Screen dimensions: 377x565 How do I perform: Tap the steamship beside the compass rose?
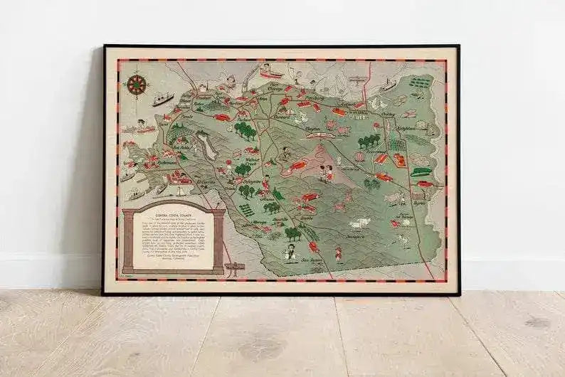(162, 100)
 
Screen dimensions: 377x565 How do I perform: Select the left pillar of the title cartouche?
(129, 241)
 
